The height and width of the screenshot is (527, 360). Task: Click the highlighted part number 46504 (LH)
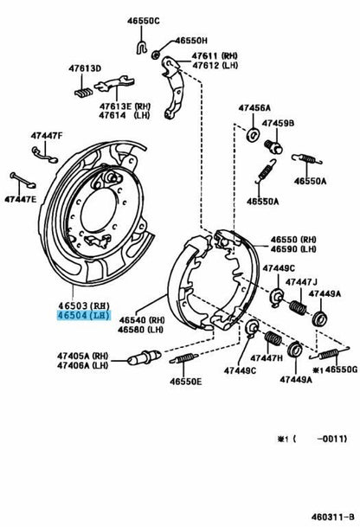(x=84, y=316)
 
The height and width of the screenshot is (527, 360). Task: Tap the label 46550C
(x=143, y=21)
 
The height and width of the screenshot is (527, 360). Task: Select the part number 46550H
(x=191, y=41)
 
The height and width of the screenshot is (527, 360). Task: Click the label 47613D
(x=85, y=68)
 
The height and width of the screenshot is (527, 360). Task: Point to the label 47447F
(x=47, y=136)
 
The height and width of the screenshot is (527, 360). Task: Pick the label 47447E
(x=20, y=199)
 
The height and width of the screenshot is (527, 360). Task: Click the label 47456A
(x=254, y=108)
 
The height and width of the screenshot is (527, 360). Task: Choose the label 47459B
(x=278, y=124)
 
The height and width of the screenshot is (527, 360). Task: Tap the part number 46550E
(x=186, y=382)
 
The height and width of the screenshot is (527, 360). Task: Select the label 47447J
(x=301, y=282)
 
